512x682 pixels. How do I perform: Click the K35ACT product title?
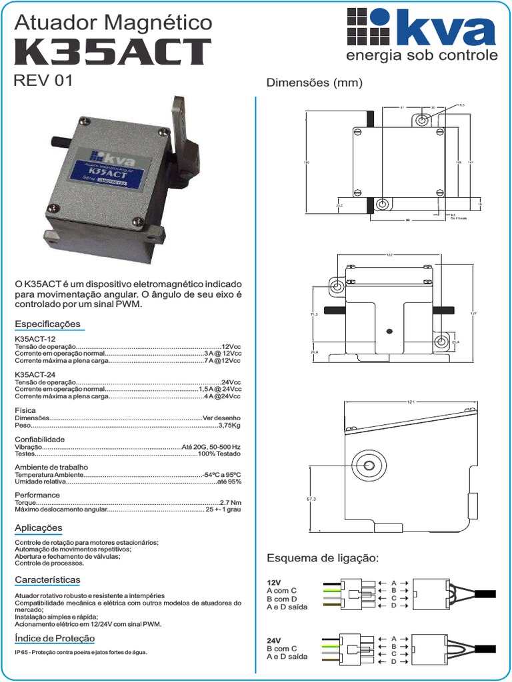point(112,53)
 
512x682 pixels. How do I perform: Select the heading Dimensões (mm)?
point(314,83)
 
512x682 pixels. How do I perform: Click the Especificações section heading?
point(47,324)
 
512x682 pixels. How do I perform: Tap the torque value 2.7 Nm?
point(230,502)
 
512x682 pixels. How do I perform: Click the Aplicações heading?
point(39,528)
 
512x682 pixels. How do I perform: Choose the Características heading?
point(47,580)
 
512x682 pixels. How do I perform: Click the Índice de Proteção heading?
point(55,639)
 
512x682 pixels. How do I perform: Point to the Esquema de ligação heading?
point(322,557)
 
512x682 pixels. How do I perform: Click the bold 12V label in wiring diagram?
point(274,582)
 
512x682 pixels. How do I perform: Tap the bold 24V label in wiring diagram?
point(274,641)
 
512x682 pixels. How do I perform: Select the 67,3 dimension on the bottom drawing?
point(311,498)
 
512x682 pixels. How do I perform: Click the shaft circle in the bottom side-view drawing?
point(368,464)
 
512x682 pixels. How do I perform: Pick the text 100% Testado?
point(219,454)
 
